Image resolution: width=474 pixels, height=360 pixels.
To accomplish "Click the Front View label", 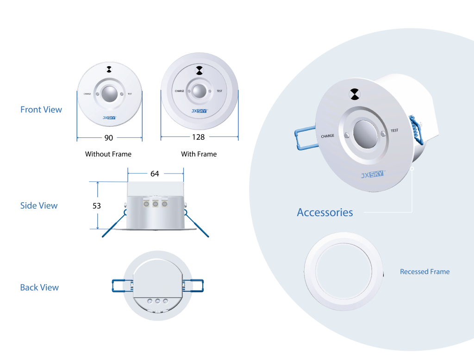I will click(x=41, y=110).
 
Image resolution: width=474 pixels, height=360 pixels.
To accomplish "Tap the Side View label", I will click(x=39, y=205).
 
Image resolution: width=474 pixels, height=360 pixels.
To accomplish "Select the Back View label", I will click(x=39, y=287).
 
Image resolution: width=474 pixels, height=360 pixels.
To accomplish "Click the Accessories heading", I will click(x=324, y=212).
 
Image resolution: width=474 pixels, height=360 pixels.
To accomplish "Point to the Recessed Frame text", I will click(x=424, y=272).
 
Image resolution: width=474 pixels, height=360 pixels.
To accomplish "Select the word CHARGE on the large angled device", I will click(x=328, y=136).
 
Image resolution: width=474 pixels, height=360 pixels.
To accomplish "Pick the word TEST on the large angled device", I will click(x=394, y=130).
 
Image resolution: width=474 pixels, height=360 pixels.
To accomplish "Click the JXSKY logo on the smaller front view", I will click(x=109, y=118).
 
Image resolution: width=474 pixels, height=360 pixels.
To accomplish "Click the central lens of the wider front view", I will click(x=200, y=91).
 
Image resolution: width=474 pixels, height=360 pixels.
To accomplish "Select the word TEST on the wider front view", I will click(x=219, y=91).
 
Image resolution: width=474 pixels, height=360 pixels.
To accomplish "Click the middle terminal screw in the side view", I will click(x=156, y=204).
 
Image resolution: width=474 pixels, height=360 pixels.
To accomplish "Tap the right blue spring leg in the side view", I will click(x=197, y=224).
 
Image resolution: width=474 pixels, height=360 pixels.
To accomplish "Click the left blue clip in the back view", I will click(x=121, y=285).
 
